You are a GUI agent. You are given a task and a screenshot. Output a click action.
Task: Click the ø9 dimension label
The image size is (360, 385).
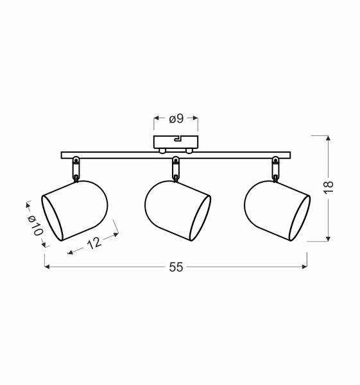tap(176, 119)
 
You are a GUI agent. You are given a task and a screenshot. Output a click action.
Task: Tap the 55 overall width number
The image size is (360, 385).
tap(176, 268)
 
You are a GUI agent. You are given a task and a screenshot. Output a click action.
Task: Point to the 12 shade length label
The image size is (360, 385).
tap(93, 242)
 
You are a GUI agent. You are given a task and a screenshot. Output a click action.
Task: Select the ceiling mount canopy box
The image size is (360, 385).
tap(176, 141)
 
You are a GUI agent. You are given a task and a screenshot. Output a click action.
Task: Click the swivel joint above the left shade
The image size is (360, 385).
tap(76, 168)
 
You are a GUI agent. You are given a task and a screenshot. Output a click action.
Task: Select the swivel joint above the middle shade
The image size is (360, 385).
tap(175, 169)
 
